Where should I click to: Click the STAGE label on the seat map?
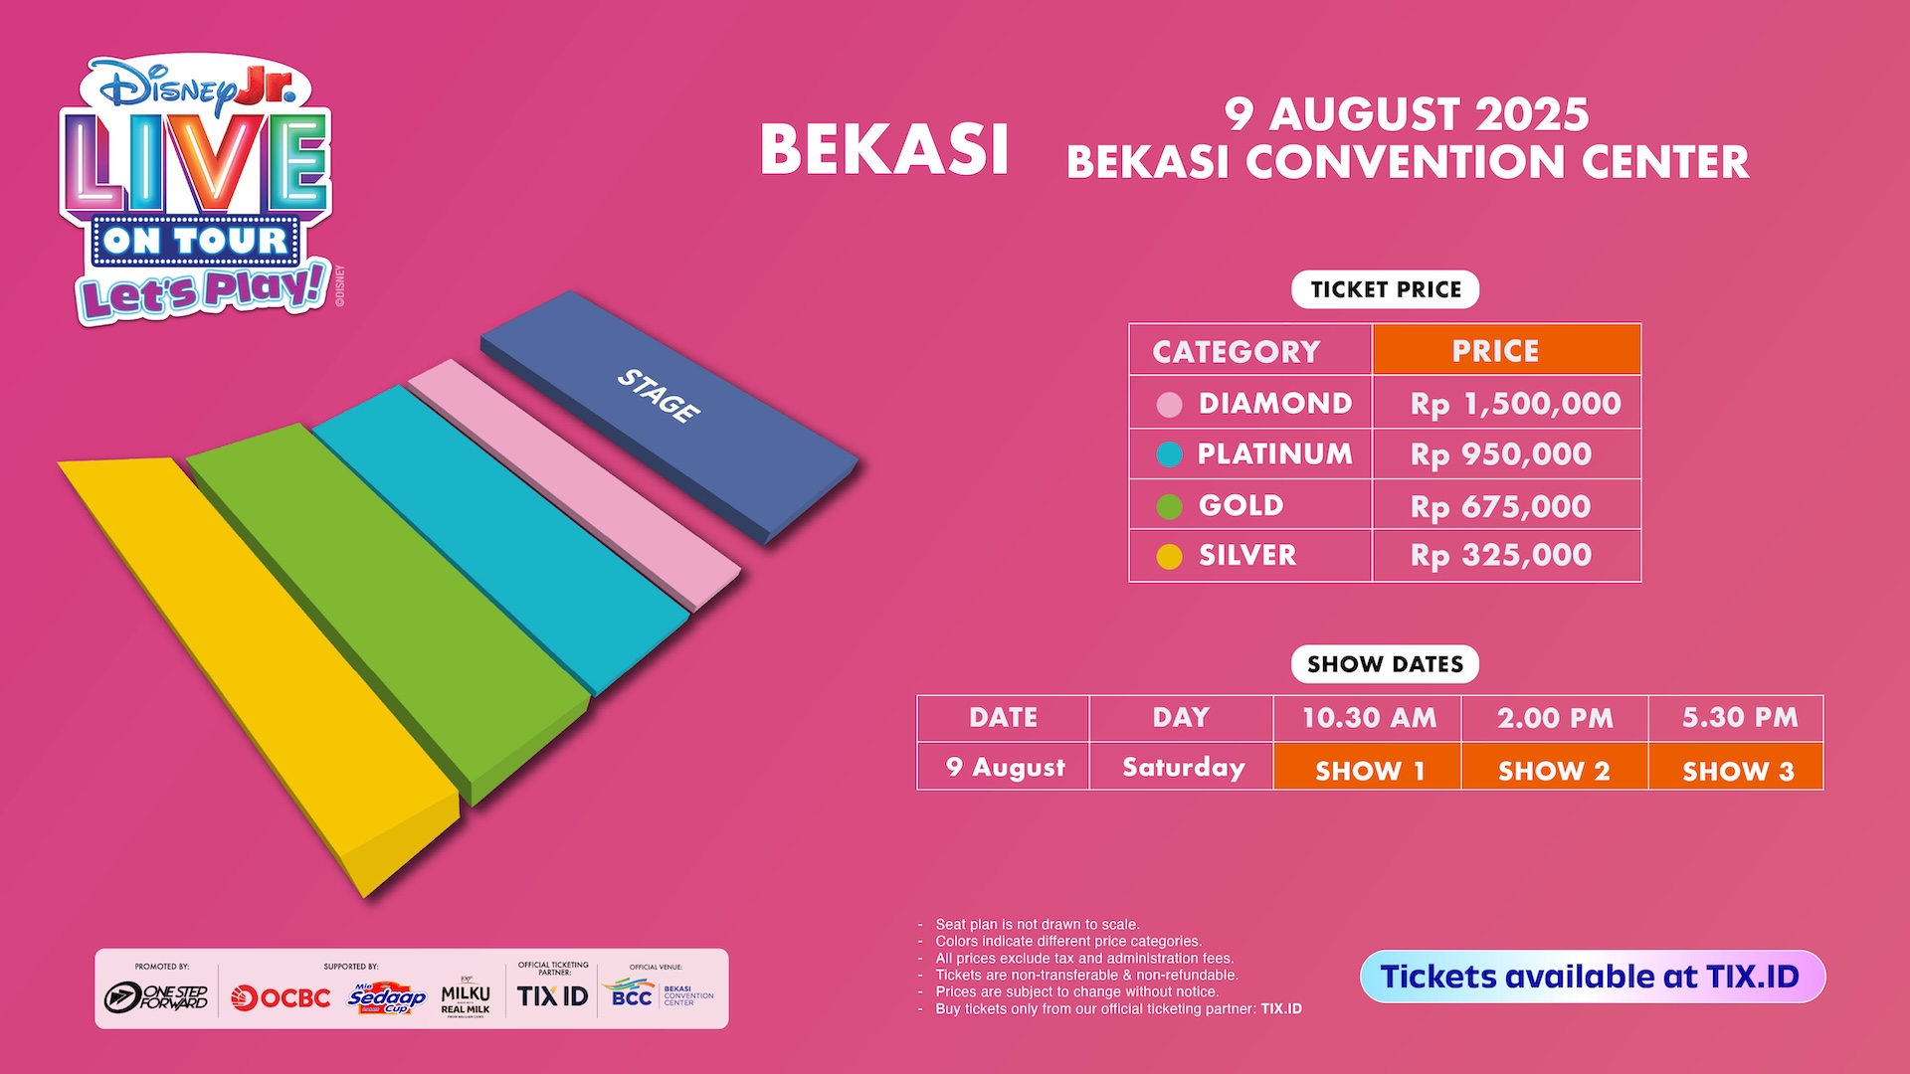coord(659,395)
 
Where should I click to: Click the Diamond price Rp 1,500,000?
coord(1515,404)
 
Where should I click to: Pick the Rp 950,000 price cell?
coord(1501,454)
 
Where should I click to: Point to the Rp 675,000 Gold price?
coord(1500,506)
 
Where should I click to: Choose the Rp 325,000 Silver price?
coord(1501,555)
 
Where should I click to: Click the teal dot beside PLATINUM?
coord(1170,454)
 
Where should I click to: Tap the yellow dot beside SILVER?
coord(1170,557)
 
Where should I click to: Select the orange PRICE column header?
coord(1506,350)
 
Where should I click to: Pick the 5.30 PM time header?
coord(1740,717)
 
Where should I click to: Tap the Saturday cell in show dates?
coord(1183,767)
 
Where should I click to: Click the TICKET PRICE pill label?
coord(1386,289)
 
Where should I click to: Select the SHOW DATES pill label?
coord(1385,664)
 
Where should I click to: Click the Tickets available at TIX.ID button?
coord(1593,977)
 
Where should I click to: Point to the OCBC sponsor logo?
coord(281,997)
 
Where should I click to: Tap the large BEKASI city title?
coord(884,150)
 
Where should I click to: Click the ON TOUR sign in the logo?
coord(195,241)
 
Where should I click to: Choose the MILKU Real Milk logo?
coord(466,997)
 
